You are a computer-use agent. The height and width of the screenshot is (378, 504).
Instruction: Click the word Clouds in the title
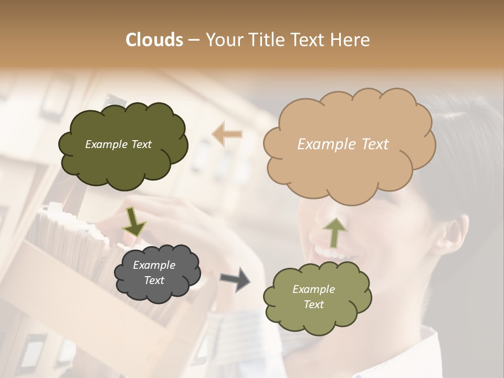[154, 40]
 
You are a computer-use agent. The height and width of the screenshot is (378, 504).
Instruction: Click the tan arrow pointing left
[227, 134]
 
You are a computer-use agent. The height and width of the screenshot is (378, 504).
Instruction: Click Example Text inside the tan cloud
[343, 144]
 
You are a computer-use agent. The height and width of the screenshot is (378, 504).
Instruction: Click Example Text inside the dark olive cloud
[118, 144]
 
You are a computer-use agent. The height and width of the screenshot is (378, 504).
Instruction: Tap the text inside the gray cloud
[154, 273]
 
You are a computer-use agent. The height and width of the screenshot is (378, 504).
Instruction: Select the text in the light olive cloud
[313, 297]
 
